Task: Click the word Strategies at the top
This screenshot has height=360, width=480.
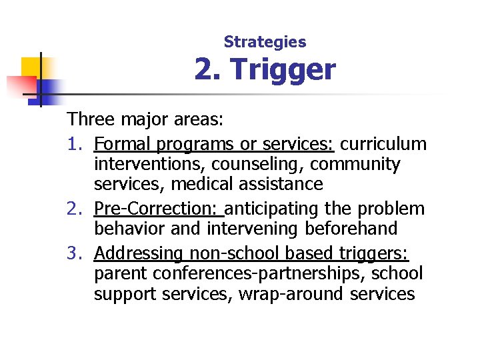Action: coord(265,42)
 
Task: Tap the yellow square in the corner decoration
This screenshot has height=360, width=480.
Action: coord(31,67)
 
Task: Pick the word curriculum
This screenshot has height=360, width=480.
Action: coord(383,144)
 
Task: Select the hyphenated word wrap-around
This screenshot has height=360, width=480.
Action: coord(288,293)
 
